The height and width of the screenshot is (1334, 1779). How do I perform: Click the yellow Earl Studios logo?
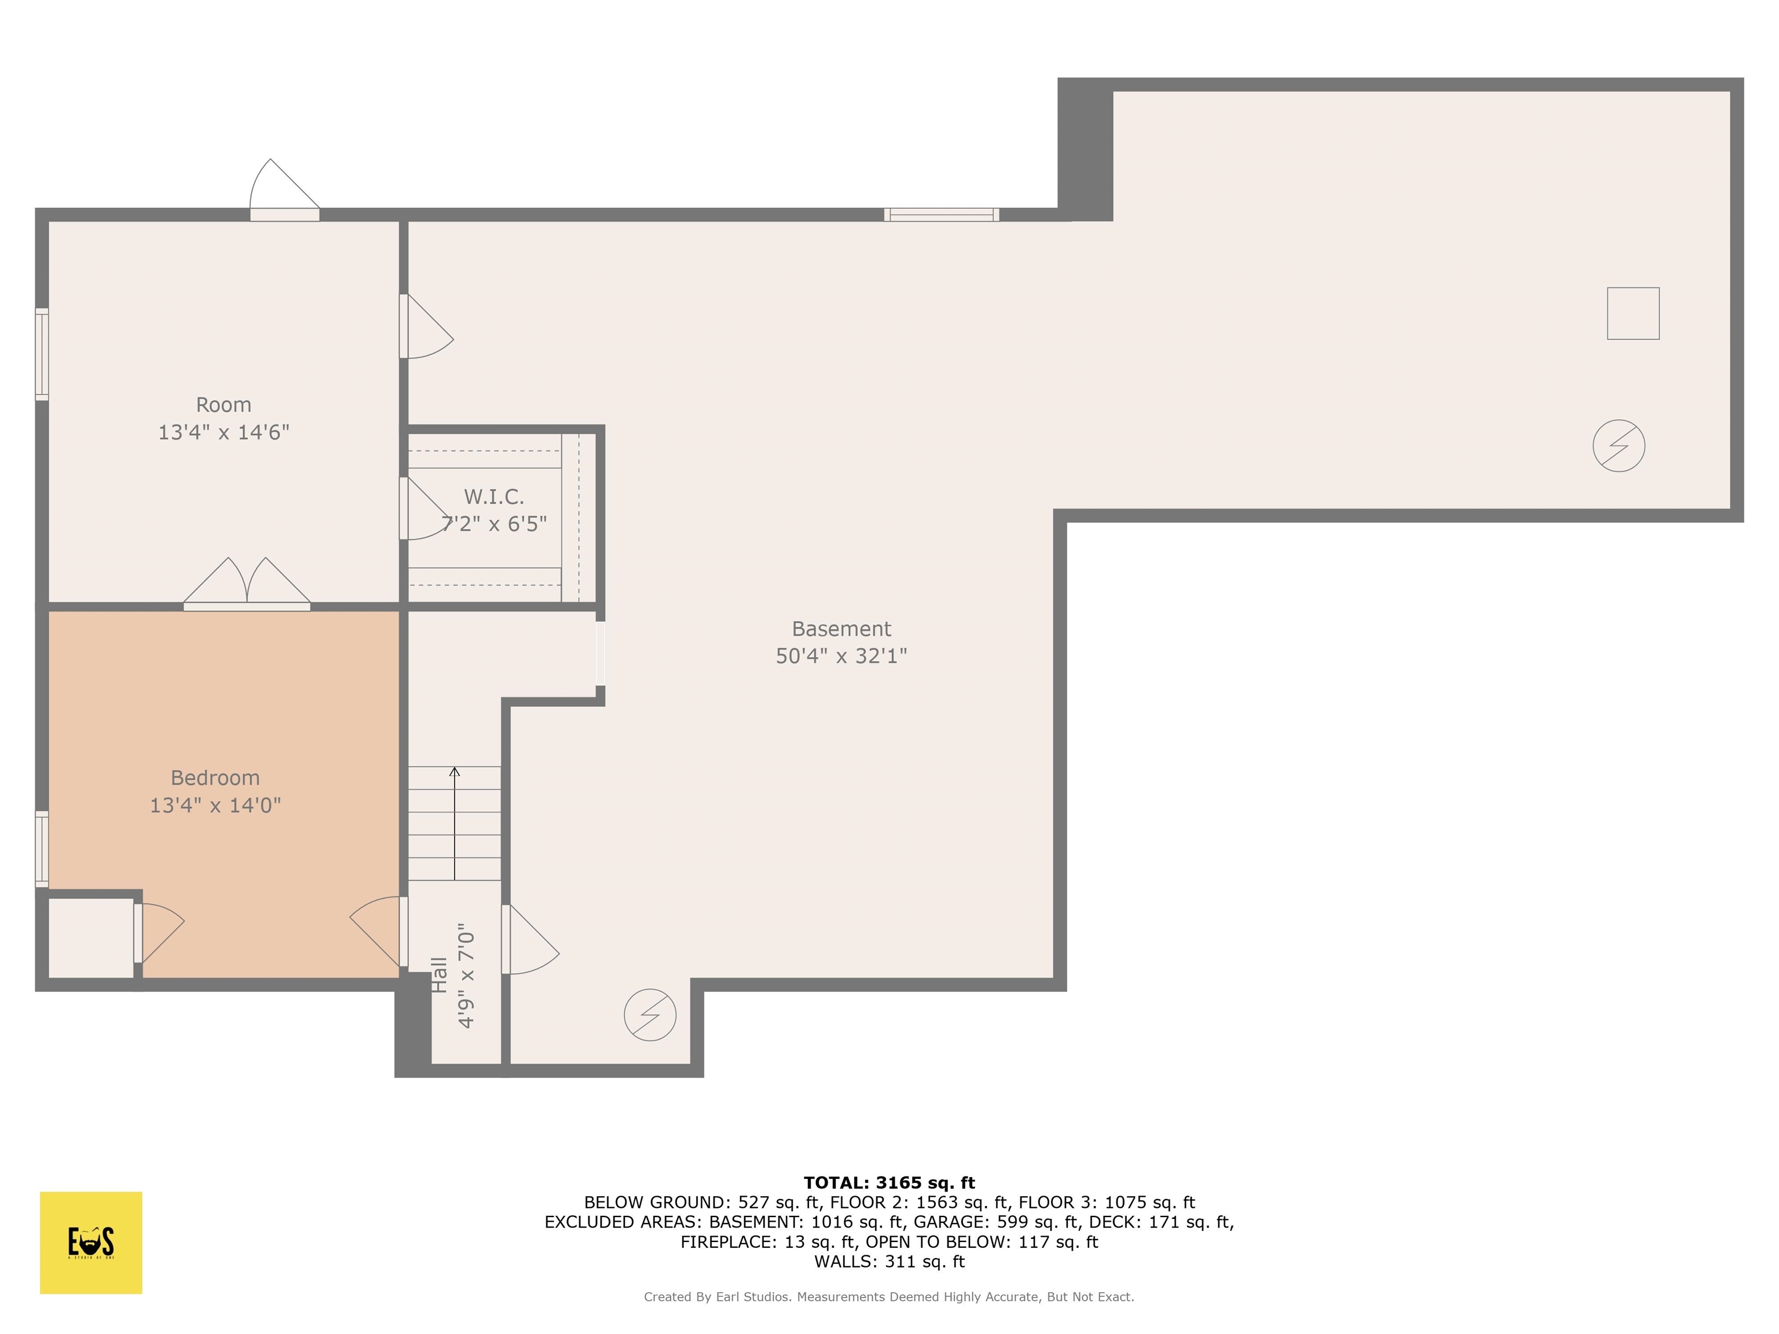91,1243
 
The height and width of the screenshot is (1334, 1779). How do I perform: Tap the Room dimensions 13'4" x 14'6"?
224,433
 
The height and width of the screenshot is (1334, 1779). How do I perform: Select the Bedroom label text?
215,778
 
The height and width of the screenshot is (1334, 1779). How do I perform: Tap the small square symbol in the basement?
1632,314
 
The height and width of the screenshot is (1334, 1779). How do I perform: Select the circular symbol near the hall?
650,1015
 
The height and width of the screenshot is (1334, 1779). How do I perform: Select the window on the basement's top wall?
941,215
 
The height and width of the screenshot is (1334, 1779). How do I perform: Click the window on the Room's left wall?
42,354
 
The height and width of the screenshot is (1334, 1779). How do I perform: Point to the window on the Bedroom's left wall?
42,849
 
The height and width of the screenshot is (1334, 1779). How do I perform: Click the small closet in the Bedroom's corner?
90,937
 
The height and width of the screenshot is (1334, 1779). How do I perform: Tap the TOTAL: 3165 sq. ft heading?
889,1183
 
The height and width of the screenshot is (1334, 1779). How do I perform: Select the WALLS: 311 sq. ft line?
889,1262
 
